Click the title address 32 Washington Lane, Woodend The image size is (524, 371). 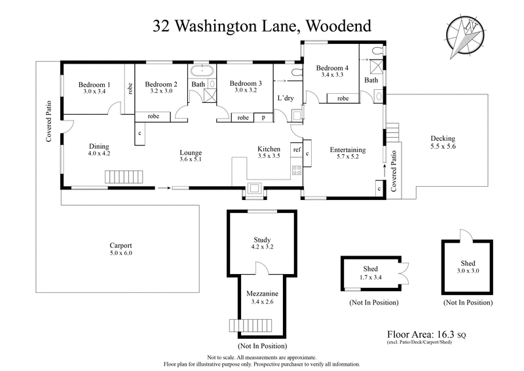262,26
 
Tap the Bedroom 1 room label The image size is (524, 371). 94,85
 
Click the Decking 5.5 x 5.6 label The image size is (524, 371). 443,142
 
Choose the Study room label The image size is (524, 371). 262,239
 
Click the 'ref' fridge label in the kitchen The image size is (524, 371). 297,150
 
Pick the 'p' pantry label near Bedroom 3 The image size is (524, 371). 263,118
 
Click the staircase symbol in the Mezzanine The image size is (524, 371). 240,325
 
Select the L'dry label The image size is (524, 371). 286,98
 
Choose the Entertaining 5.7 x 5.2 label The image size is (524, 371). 347,153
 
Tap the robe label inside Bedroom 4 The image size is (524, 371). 343,98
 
